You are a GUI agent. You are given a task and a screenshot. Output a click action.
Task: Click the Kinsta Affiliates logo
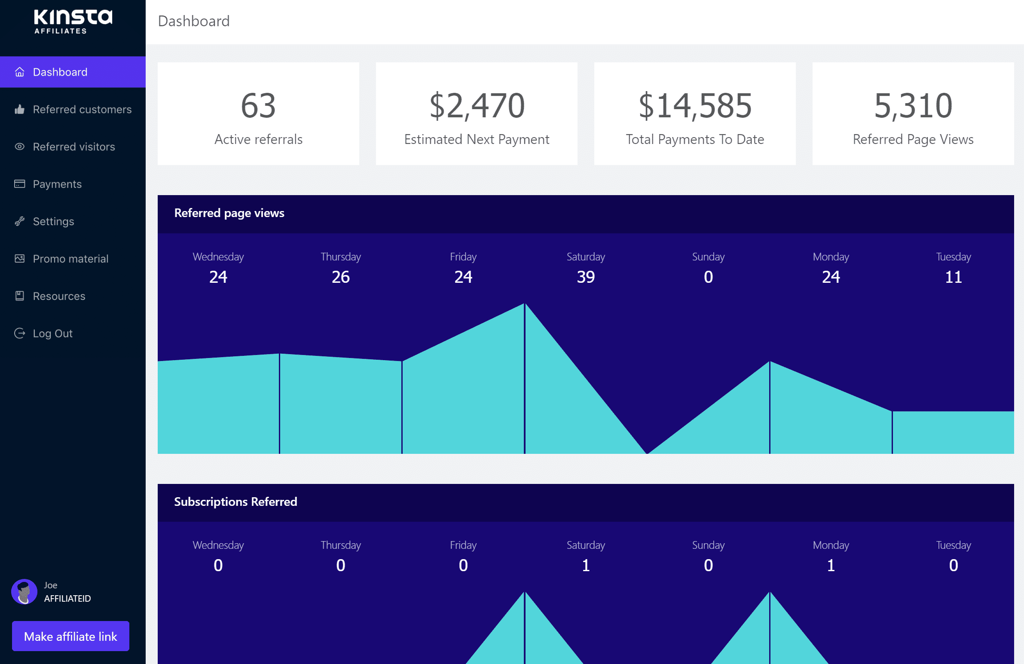(73, 21)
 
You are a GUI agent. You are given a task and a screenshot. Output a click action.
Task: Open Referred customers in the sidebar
(82, 109)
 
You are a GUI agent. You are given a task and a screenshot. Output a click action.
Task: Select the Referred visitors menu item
(73, 147)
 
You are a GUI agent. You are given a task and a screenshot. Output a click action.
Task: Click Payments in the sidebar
(57, 184)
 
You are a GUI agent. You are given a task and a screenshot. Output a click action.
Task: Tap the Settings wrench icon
(19, 221)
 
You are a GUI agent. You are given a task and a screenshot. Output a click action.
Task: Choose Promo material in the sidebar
(70, 259)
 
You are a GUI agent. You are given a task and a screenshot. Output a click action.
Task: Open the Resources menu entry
(59, 296)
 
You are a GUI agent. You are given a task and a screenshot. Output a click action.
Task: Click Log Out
(52, 334)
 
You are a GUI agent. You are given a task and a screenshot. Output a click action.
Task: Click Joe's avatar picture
(24, 591)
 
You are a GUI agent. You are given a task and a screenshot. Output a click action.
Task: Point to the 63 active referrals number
(258, 105)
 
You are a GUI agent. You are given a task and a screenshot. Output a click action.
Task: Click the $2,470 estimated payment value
(477, 105)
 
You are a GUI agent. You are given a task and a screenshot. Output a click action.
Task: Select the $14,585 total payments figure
(695, 105)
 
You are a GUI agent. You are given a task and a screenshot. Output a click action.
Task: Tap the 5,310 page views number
(913, 105)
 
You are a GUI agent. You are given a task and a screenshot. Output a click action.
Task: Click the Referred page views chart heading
(229, 213)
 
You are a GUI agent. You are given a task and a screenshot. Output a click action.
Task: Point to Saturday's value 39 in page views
(586, 277)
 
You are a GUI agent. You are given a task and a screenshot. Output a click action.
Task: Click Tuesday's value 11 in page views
(954, 277)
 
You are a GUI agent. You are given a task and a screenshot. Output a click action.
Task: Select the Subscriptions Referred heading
(235, 502)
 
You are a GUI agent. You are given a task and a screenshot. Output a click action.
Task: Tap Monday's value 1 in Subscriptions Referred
(831, 565)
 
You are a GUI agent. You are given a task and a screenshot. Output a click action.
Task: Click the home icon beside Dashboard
(19, 72)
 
